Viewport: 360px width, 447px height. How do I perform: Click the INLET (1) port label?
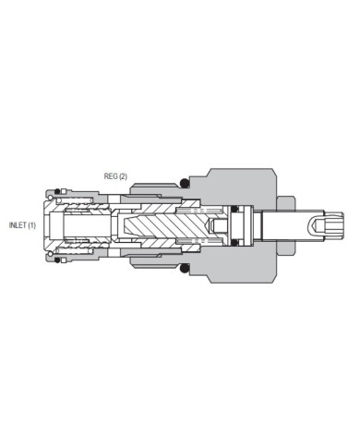point(22,224)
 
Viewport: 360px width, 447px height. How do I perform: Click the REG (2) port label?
point(114,175)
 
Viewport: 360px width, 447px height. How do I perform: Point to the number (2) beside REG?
point(123,175)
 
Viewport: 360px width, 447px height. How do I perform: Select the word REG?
point(110,175)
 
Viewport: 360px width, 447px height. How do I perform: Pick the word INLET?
point(18,224)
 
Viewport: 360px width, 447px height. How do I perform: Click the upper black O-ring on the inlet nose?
point(56,192)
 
